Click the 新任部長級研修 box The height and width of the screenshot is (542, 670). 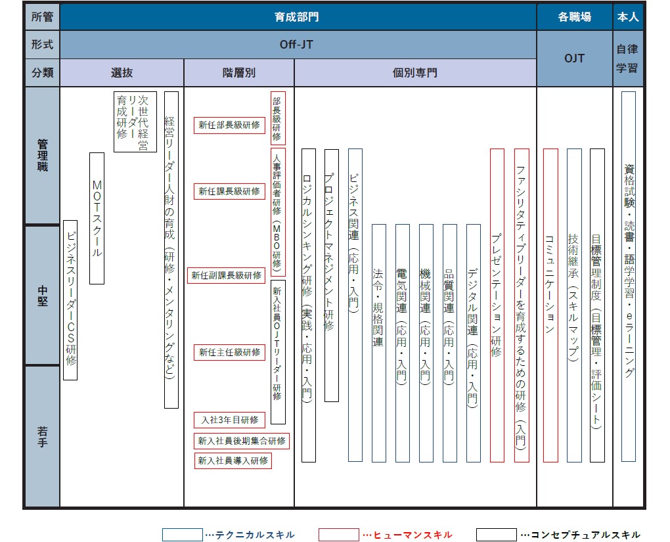click(x=229, y=125)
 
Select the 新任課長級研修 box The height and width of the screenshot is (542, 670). click(x=229, y=191)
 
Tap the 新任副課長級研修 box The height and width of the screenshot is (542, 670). click(x=227, y=275)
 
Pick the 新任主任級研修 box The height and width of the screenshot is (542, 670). click(x=229, y=352)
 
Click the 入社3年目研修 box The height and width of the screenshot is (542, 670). click(x=229, y=420)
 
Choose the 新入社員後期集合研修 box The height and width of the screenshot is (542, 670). click(x=242, y=441)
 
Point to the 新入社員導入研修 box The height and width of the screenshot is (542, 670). click(x=233, y=461)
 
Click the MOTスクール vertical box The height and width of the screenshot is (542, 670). click(x=97, y=218)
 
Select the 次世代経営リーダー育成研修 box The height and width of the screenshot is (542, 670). click(x=135, y=122)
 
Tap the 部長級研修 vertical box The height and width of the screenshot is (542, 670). click(x=278, y=118)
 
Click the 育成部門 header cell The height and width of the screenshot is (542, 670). click(x=298, y=16)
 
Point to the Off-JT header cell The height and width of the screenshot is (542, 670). click(x=298, y=45)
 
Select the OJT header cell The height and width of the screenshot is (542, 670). click(x=574, y=58)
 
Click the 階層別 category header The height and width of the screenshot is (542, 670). click(x=239, y=73)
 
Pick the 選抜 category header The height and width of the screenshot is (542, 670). click(x=122, y=73)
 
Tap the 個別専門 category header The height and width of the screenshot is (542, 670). click(x=415, y=73)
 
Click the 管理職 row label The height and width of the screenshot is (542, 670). click(x=42, y=156)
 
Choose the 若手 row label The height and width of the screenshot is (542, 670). click(x=42, y=436)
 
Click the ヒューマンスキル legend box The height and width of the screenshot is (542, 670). click(x=339, y=535)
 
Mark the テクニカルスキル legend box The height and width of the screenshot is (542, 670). click(x=183, y=535)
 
